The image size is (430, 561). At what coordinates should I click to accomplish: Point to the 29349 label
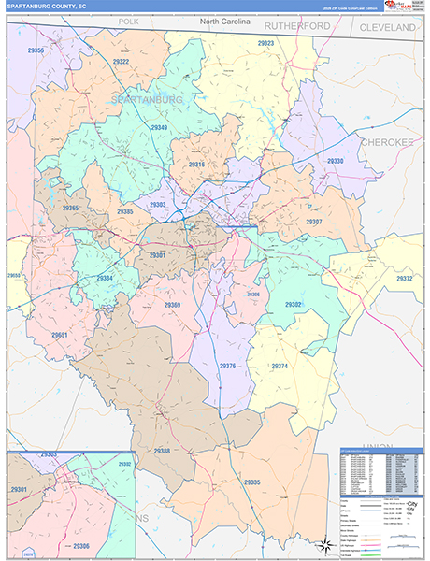157,128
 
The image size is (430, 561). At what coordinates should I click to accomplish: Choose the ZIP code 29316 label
196,165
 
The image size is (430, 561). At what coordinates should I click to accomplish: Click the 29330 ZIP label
335,161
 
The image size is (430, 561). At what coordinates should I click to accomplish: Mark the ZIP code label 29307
314,222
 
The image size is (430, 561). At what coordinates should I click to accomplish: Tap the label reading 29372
404,279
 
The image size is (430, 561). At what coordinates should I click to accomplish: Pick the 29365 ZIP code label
70,208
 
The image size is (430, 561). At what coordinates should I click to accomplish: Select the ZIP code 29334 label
105,278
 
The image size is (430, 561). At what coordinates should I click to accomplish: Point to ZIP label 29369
172,305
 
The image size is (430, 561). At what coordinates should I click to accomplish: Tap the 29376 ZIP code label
227,365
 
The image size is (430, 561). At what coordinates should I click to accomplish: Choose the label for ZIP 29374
279,366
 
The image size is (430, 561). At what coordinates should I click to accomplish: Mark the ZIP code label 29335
251,482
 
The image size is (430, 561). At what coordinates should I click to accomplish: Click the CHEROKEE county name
386,141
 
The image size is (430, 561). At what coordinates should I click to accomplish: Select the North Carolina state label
225,21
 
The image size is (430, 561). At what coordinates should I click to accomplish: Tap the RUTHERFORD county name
297,26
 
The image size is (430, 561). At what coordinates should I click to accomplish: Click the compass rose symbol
323,545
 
